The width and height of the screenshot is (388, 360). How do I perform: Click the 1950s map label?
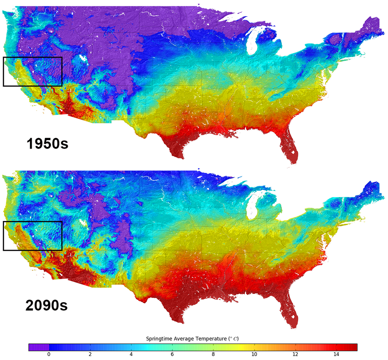click(x=48, y=143)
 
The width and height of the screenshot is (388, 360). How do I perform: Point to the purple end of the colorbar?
click(x=32, y=347)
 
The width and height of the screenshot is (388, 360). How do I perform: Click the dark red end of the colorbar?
click(x=355, y=347)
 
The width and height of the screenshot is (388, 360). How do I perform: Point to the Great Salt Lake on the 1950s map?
click(x=82, y=58)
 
